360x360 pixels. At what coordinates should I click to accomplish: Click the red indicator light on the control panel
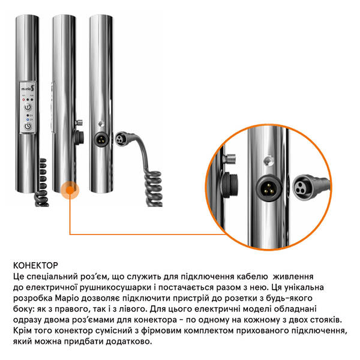[23, 100]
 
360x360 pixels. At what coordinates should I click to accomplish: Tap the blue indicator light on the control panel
[28, 119]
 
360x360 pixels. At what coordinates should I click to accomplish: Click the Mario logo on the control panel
[28, 88]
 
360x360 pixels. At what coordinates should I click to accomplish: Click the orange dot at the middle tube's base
[70, 190]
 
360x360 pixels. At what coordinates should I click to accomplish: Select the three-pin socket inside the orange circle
[269, 188]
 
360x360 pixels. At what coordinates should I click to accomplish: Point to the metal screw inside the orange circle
[229, 158]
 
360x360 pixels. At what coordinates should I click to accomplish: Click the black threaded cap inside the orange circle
[229, 185]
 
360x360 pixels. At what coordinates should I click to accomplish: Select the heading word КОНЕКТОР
[35, 265]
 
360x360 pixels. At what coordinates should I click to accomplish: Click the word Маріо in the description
[67, 298]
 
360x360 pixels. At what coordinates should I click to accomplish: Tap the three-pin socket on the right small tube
[101, 139]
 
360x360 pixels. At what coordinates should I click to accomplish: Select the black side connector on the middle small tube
[79, 137]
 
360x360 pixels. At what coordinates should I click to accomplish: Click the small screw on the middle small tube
[79, 122]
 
